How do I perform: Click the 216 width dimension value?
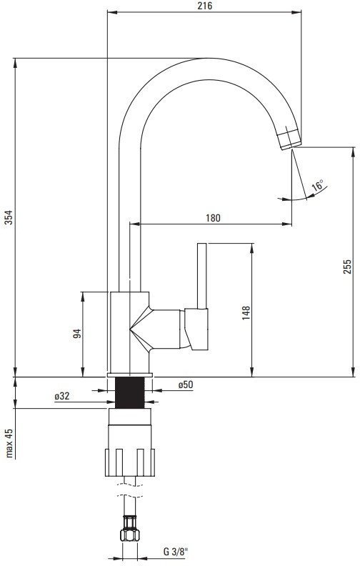click(x=205, y=6)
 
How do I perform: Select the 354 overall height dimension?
click(x=9, y=217)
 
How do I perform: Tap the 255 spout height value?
click(x=346, y=267)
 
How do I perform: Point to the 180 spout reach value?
click(x=213, y=218)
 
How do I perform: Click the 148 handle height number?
click(x=246, y=313)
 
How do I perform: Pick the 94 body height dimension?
click(x=77, y=334)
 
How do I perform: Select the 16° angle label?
click(x=318, y=186)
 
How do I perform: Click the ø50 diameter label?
click(x=186, y=384)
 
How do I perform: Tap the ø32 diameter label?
click(x=62, y=396)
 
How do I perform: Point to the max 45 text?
click(x=9, y=443)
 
